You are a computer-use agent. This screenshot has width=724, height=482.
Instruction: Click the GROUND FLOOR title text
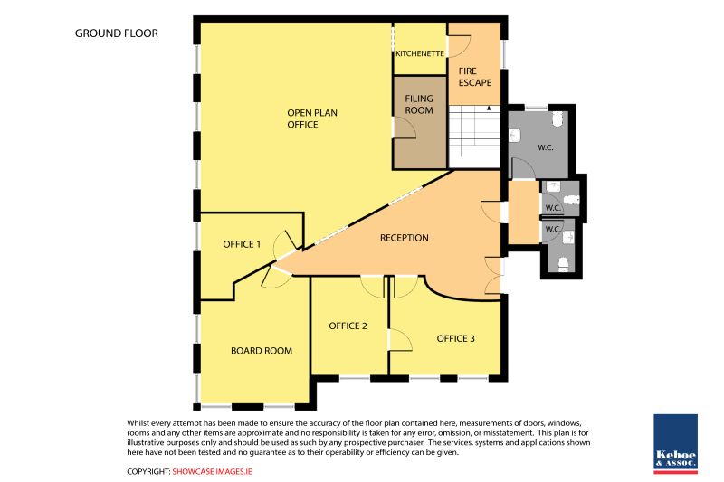pos(117,33)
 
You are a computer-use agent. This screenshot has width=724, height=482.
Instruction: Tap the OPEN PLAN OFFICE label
pos(312,118)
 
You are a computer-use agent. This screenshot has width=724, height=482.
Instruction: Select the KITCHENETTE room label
pos(420,53)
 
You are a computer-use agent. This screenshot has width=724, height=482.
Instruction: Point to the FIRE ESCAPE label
pos(474,77)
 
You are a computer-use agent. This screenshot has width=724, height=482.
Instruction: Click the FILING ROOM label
pos(419,104)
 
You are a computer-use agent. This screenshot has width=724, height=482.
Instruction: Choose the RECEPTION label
pos(404,238)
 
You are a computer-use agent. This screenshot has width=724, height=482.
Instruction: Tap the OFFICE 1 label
pos(242,244)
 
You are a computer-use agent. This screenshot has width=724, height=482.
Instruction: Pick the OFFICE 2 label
pos(348,326)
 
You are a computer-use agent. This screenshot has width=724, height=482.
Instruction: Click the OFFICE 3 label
pos(456,338)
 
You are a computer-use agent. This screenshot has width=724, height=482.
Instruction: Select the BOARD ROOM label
pos(262,351)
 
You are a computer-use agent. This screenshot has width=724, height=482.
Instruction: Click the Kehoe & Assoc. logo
pos(675,444)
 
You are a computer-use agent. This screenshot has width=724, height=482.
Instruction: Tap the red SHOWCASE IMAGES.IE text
pos(213,471)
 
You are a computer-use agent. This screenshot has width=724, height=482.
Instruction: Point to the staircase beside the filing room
pos(474,137)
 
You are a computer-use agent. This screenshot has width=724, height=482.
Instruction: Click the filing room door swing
pos(405,128)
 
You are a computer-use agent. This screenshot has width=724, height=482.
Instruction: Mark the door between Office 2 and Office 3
pos(400,340)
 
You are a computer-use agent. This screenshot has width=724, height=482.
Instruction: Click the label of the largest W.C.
pos(546,147)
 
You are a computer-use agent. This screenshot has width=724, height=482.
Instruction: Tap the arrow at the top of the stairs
pos(489,109)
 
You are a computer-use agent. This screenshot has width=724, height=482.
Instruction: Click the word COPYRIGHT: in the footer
pos(148,471)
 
